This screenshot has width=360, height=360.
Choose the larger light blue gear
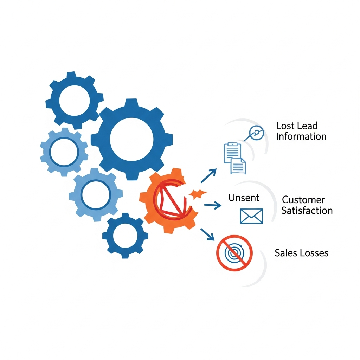[96, 194]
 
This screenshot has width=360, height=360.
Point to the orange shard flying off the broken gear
[197, 193]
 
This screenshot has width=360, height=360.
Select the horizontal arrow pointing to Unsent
[212, 205]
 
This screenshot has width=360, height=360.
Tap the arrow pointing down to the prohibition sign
[208, 234]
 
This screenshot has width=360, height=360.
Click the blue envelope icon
[251, 216]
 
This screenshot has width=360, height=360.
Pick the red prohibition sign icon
[234, 252]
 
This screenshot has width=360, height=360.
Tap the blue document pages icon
[234, 158]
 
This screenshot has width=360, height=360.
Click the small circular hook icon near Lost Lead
[256, 133]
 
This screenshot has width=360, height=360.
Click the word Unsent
[244, 198]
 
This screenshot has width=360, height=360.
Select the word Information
[301, 136]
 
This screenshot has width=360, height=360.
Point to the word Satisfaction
[307, 211]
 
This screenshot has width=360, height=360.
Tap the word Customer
[303, 200]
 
